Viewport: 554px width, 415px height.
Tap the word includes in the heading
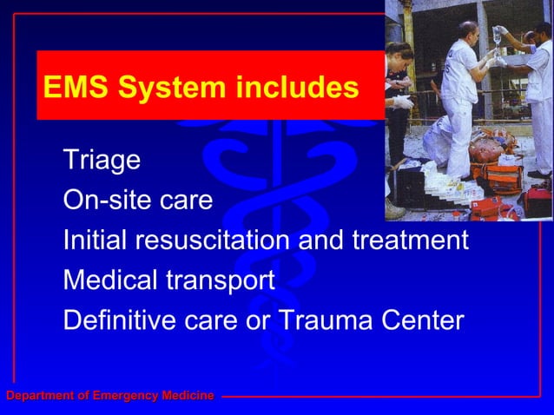(x=296, y=88)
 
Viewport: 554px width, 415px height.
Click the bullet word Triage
(x=102, y=161)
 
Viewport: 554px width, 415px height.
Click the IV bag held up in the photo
(x=497, y=38)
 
